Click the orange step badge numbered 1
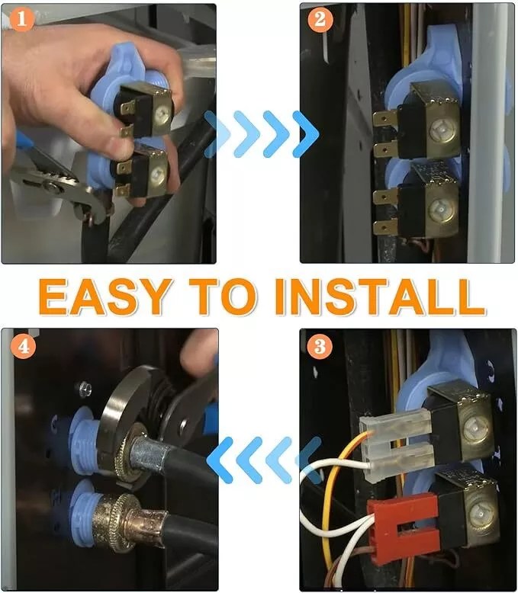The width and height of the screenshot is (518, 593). (21, 19)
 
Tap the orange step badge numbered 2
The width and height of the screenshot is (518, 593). (320, 19)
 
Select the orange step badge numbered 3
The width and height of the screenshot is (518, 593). (320, 346)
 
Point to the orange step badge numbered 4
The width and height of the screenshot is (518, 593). (24, 346)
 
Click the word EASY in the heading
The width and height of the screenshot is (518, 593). (105, 296)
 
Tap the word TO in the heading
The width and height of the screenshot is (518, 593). (224, 296)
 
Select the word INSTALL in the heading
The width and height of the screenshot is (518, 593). (380, 296)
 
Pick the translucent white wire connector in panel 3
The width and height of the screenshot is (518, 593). (395, 445)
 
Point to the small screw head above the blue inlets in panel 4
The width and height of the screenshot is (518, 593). (84, 389)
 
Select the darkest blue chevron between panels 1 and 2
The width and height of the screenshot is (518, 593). (306, 134)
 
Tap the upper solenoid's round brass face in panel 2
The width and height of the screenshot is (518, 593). (442, 130)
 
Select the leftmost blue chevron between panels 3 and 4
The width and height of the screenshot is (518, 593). (220, 459)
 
